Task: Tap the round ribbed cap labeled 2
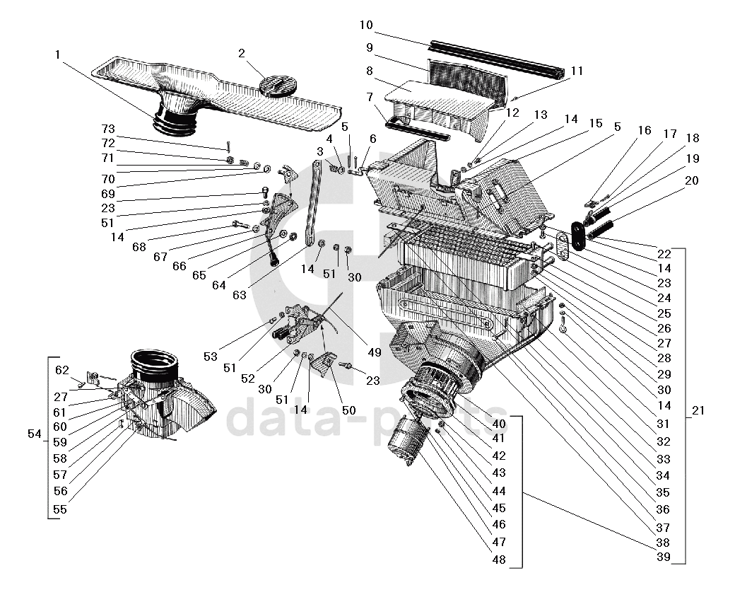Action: [277, 86]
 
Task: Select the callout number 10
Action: [365, 25]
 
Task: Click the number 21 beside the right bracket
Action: [699, 410]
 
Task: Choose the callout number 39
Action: [663, 558]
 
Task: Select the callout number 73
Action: [107, 129]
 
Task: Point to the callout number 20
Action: [691, 180]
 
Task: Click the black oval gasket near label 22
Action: [577, 235]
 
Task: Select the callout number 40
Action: [500, 423]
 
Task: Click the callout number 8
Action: [369, 71]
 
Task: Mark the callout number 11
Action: [577, 71]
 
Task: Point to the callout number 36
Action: [663, 509]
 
